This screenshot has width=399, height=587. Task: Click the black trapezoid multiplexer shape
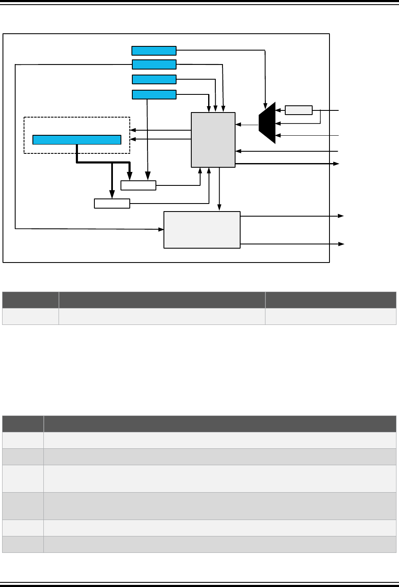pyautogui.click(x=268, y=123)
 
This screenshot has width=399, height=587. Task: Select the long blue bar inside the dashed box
pyautogui.click(x=77, y=139)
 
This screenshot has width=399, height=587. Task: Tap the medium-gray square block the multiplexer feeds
pyautogui.click(x=213, y=139)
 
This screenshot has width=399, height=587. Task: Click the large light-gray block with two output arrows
pyautogui.click(x=202, y=230)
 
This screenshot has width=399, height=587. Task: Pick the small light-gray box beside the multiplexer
pyautogui.click(x=299, y=110)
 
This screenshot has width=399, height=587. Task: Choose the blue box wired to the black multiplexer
pyautogui.click(x=154, y=51)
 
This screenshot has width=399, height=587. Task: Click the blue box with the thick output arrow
pyautogui.click(x=154, y=94)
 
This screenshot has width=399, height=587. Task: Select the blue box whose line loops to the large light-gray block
pyautogui.click(x=154, y=64)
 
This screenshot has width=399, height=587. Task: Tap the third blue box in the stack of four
pyautogui.click(x=154, y=80)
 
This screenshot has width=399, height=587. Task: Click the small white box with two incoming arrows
pyautogui.click(x=138, y=185)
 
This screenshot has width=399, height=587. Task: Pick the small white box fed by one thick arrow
pyautogui.click(x=112, y=204)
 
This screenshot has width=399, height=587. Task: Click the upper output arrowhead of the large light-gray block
pyautogui.click(x=341, y=216)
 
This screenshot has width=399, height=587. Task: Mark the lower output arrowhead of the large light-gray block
pyautogui.click(x=341, y=244)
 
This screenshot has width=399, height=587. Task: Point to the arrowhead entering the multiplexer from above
pyautogui.click(x=265, y=105)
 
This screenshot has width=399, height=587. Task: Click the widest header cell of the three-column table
pyautogui.click(x=162, y=300)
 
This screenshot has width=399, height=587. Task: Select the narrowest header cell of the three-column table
pyautogui.click(x=30, y=300)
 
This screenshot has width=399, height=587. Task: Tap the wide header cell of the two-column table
pyautogui.click(x=220, y=424)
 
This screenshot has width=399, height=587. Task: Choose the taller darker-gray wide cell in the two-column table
pyautogui.click(x=220, y=506)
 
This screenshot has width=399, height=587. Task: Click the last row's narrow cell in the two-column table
pyautogui.click(x=23, y=544)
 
